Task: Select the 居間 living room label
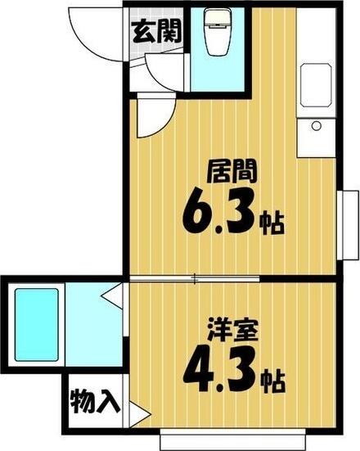(x=232, y=172)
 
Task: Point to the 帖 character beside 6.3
(x=272, y=223)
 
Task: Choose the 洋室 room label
(x=232, y=333)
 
